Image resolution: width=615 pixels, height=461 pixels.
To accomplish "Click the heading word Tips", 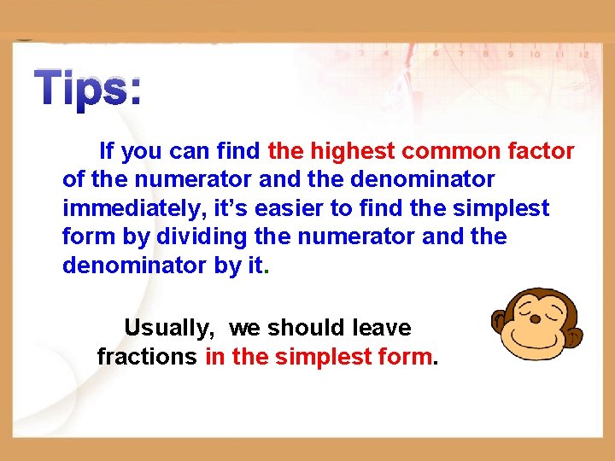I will (x=88, y=89).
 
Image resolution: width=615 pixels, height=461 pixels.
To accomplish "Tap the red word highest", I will (x=352, y=152).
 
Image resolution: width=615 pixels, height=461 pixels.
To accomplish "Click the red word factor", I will (x=536, y=152).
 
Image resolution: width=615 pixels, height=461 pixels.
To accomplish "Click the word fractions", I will (x=146, y=357).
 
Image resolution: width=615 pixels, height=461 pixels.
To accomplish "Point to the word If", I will (x=108, y=152).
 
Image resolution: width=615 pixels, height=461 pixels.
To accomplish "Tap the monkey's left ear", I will (x=501, y=323).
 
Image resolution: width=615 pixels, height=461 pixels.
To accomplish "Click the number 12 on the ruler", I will (x=584, y=54).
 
